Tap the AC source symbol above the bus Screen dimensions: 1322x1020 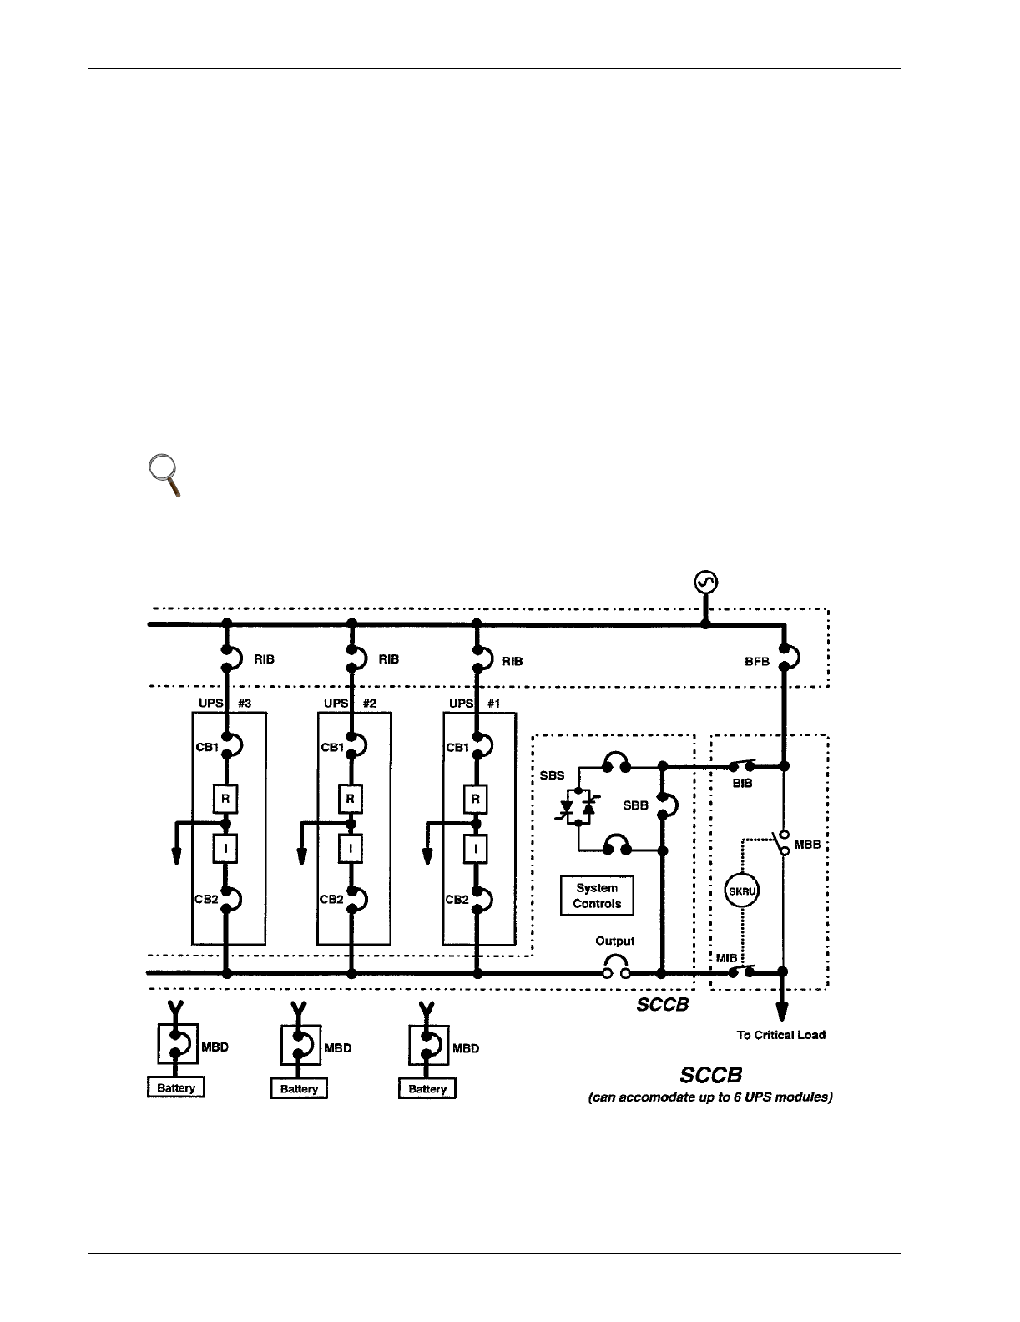pyautogui.click(x=706, y=583)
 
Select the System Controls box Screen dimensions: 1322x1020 pyautogui.click(x=597, y=896)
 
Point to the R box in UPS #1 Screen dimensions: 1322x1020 pyautogui.click(x=476, y=799)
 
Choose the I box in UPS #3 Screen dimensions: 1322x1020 pyautogui.click(x=225, y=849)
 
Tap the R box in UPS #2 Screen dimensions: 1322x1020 pyautogui.click(x=351, y=799)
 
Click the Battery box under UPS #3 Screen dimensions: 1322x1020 pyautogui.click(x=176, y=1088)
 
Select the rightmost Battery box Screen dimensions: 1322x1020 pyautogui.click(x=427, y=1089)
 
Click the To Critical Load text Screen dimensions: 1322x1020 pyautogui.click(x=781, y=1035)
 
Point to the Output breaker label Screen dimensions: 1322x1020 pyautogui.click(x=614, y=941)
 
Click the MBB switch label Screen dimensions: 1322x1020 pyautogui.click(x=807, y=845)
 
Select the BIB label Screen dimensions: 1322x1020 pyautogui.click(x=743, y=784)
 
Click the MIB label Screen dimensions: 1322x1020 pyautogui.click(x=726, y=957)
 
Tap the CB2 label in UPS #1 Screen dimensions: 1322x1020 pyautogui.click(x=457, y=899)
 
